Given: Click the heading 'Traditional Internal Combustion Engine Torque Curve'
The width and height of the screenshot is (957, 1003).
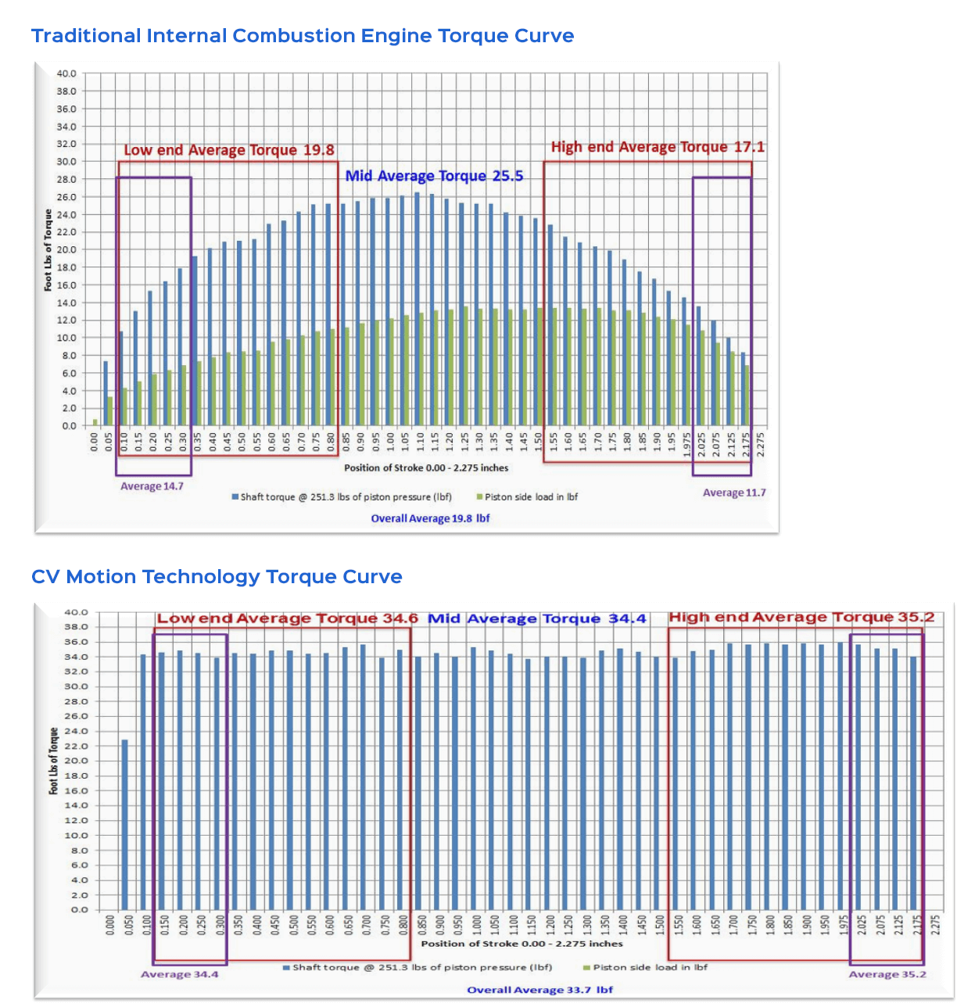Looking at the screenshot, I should tap(303, 36).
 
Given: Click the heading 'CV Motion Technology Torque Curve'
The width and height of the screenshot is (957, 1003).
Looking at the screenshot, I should tap(217, 577).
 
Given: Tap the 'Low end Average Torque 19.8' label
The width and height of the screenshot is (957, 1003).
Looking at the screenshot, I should tap(229, 150).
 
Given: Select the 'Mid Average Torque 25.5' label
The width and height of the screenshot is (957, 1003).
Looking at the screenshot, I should tap(434, 176).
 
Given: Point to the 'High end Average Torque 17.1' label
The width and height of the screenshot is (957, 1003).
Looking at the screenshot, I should tap(658, 147).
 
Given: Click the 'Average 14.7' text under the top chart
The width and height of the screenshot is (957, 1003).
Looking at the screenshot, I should tap(152, 486).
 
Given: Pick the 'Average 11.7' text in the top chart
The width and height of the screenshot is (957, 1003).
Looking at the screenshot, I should tap(734, 493).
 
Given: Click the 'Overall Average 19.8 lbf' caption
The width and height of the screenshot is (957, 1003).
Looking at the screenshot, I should tap(430, 518).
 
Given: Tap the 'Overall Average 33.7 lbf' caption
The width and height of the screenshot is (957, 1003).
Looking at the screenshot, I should tap(539, 990).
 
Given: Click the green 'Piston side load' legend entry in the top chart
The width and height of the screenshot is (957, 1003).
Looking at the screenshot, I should tap(527, 497).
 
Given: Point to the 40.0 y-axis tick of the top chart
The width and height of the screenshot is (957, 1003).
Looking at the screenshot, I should tap(66, 73).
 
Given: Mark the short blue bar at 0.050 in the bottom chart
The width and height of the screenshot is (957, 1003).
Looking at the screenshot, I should tap(124, 824).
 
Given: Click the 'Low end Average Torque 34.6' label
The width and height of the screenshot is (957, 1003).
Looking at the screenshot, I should tap(287, 618).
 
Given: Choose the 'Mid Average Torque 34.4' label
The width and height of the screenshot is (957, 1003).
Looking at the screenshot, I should tap(537, 618).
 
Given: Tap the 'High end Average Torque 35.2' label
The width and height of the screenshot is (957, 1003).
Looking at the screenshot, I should tap(801, 617).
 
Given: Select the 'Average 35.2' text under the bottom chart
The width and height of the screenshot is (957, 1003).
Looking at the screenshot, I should tap(887, 974).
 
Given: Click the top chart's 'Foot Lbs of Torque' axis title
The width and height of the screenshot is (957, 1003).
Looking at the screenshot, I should tap(48, 250).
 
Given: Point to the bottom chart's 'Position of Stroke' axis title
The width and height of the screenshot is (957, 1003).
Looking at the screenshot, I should tap(522, 944).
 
